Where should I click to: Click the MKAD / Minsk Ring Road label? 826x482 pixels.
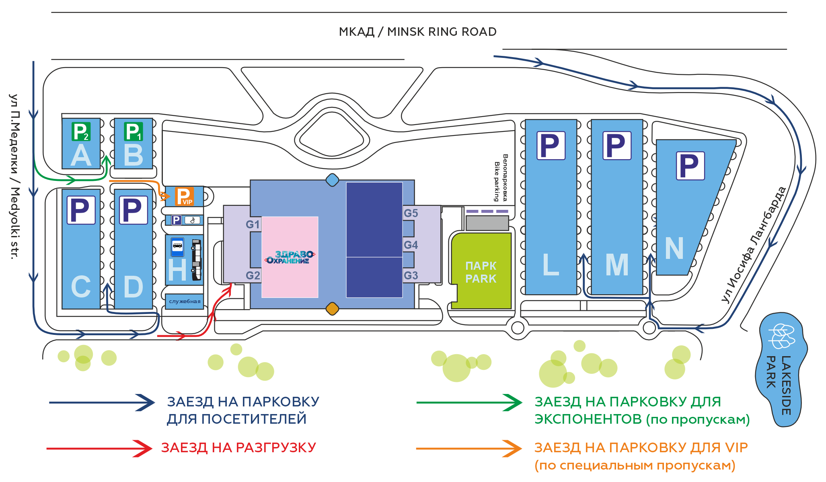(417, 32)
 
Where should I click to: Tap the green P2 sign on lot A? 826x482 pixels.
(81, 131)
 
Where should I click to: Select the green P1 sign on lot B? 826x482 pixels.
(133, 131)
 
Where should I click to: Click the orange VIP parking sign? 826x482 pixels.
(184, 196)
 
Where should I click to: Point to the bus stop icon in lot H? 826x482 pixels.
(177, 247)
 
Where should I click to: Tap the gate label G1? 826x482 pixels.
(253, 224)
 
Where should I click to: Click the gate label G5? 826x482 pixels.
(411, 213)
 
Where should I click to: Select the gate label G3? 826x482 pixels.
(411, 275)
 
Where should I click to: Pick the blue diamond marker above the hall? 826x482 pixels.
(332, 180)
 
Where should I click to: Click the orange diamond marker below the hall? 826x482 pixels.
(332, 309)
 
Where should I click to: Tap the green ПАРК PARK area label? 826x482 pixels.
(481, 272)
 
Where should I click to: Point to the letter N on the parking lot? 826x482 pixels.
(674, 248)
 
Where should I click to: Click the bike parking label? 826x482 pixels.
(501, 178)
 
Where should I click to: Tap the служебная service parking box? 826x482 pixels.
(185, 301)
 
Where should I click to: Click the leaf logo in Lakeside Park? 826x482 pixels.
(781, 336)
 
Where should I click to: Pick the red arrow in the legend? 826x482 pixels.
(99, 448)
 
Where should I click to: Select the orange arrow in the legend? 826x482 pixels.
(469, 448)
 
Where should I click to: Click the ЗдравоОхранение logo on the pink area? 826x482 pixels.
(290, 257)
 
